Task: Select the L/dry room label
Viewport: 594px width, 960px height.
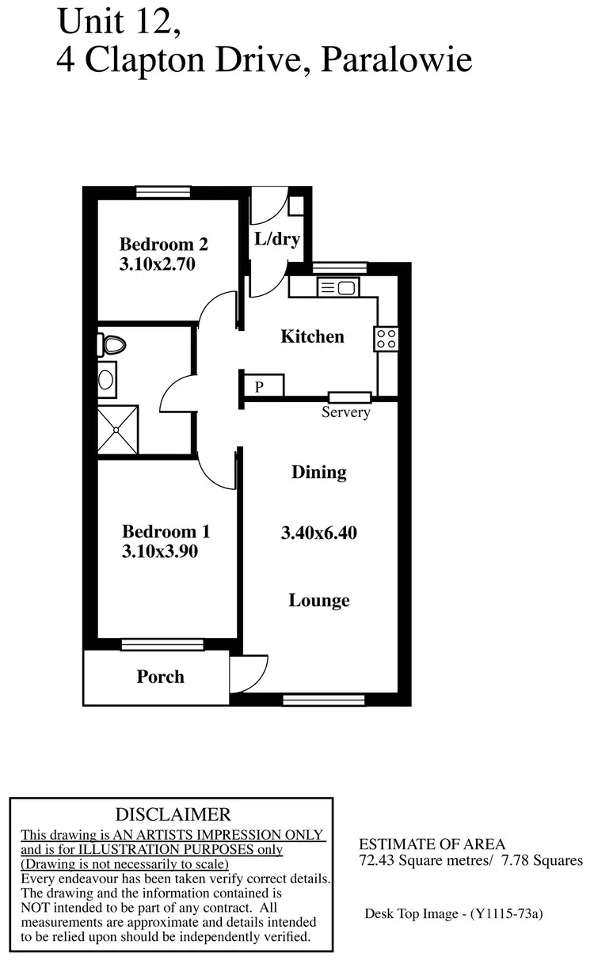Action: [276, 238]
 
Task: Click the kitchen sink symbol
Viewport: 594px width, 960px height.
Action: [338, 288]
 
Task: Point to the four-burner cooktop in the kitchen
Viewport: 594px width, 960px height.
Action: [386, 340]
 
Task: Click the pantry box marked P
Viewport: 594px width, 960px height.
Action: [259, 385]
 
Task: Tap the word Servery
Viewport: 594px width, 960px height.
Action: [346, 412]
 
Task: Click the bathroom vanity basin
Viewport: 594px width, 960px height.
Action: [106, 378]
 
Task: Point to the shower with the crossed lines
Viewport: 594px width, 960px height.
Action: [116, 431]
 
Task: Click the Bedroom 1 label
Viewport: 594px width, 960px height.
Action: [166, 531]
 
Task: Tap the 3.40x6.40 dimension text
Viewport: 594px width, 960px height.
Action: [319, 533]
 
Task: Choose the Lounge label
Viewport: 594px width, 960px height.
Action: [319, 601]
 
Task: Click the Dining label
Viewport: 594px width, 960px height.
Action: [319, 472]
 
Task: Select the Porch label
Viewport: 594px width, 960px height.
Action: [161, 677]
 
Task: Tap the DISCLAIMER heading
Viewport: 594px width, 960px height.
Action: [173, 814]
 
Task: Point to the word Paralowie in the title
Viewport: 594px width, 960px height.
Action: [396, 59]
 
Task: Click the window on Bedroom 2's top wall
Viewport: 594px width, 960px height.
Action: [163, 191]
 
